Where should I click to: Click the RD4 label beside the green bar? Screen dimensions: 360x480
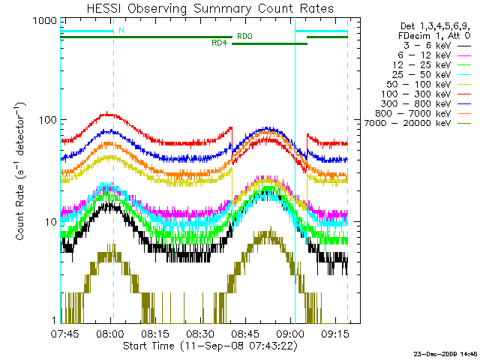point(220,43)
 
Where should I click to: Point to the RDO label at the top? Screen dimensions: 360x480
point(244,36)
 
